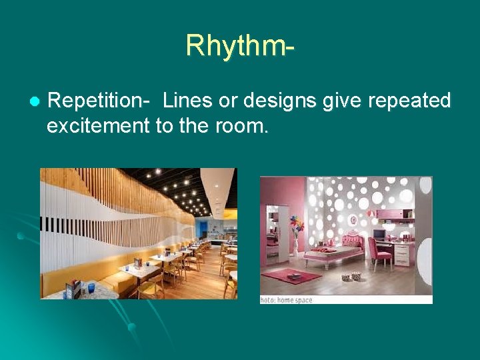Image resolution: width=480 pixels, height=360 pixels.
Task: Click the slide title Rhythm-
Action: [240, 45]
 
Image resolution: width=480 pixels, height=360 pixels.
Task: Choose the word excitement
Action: [99, 125]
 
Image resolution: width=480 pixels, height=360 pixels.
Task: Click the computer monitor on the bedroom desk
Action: [379, 235]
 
